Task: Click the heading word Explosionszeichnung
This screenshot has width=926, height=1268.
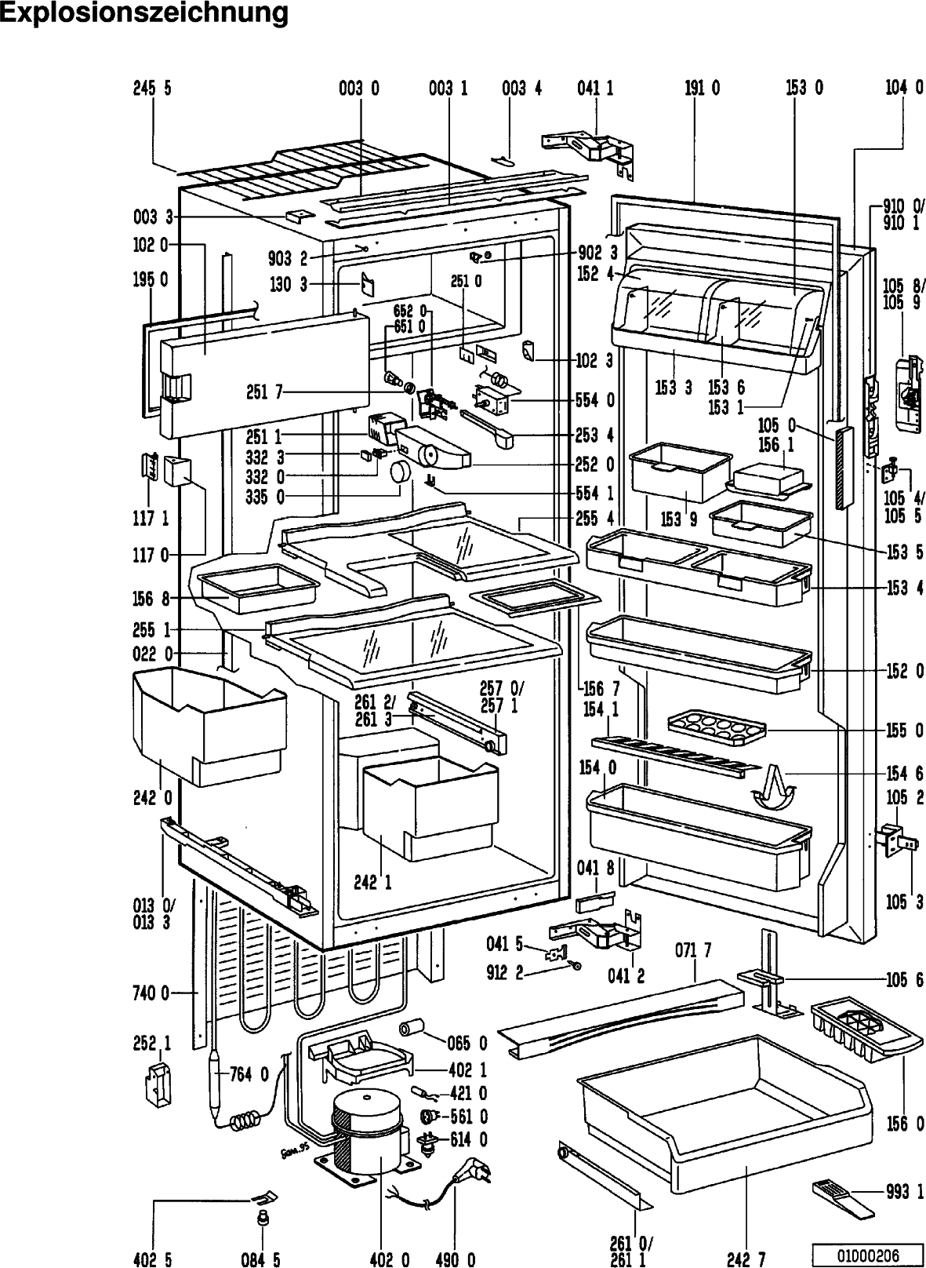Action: [143, 13]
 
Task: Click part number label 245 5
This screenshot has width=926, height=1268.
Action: [152, 89]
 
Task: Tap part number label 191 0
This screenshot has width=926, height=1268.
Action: [702, 89]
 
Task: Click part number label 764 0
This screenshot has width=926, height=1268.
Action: [249, 1074]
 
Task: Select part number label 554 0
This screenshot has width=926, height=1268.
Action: [596, 400]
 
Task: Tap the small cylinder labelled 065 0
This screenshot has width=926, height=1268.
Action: [412, 1029]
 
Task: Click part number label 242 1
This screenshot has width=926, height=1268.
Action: [372, 882]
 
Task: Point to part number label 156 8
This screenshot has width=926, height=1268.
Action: [152, 599]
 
